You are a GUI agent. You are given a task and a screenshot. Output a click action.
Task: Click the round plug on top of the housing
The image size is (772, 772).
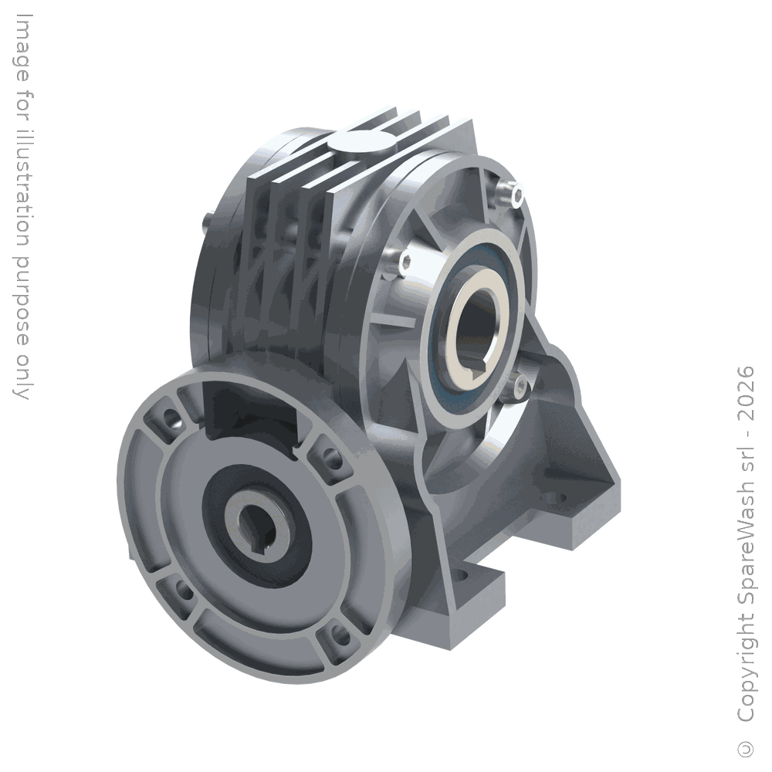(x=364, y=145)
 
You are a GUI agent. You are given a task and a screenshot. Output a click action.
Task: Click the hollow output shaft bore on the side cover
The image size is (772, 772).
(x=479, y=324)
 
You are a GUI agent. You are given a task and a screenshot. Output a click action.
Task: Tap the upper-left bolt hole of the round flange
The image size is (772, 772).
(x=169, y=418)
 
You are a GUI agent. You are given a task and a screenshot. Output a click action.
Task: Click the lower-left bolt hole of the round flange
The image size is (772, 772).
(x=185, y=591)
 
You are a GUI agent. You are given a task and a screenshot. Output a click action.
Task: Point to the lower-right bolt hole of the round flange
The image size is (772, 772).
(x=340, y=637)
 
